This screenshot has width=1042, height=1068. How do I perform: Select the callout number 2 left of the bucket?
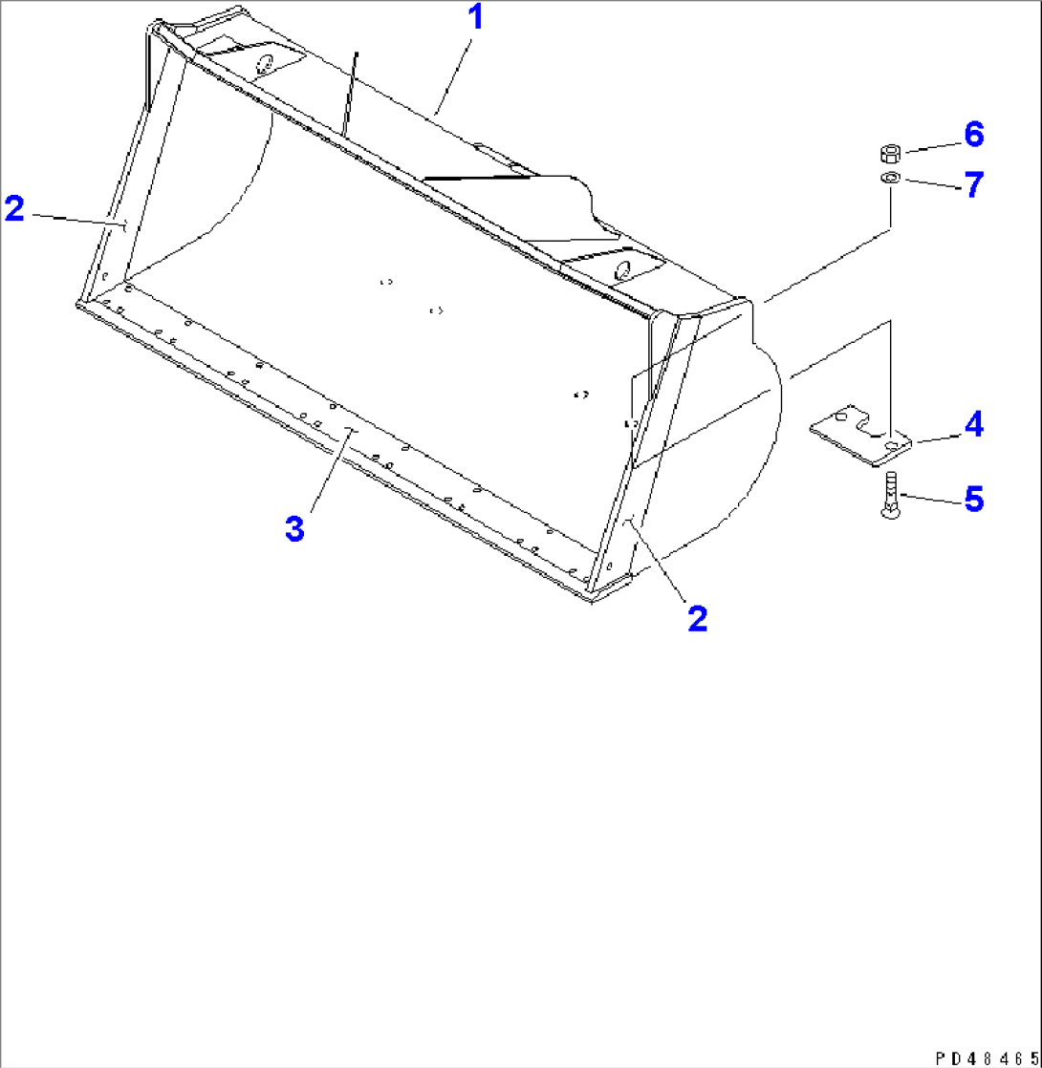[x=14, y=208]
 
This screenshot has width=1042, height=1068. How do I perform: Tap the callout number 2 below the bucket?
[x=697, y=618]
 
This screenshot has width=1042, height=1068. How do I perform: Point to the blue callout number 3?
[x=295, y=528]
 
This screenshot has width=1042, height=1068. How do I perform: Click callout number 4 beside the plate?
[x=972, y=422]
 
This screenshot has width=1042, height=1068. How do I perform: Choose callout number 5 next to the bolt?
[x=972, y=499]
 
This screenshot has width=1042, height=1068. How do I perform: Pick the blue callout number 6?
[x=972, y=135]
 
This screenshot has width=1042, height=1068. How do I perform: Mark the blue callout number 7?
[x=972, y=184]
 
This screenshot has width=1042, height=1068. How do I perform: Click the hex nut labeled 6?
[x=889, y=153]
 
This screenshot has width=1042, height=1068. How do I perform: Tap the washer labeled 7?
[x=889, y=179]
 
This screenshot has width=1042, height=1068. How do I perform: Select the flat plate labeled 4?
[x=860, y=438]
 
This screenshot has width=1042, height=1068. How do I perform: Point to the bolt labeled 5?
[x=890, y=496]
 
